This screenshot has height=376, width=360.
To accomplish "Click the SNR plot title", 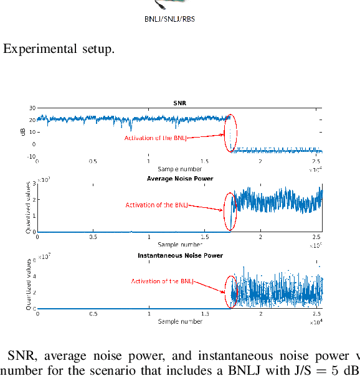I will coord(179,103).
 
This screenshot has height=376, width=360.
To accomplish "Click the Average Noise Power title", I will coord(179,179).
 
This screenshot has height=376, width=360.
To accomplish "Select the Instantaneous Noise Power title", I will coord(179,255).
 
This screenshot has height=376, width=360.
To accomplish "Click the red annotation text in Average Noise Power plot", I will coord(156,205).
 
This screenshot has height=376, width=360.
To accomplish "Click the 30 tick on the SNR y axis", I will coord(32,108).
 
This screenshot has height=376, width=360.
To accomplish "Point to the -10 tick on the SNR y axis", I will coord(31,157).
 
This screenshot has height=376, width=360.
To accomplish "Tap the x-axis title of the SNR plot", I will coord(179,169).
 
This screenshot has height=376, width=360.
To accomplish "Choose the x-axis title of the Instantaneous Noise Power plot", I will coord(179,321).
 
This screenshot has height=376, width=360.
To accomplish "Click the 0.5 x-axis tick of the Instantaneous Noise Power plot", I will coord(93,314).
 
